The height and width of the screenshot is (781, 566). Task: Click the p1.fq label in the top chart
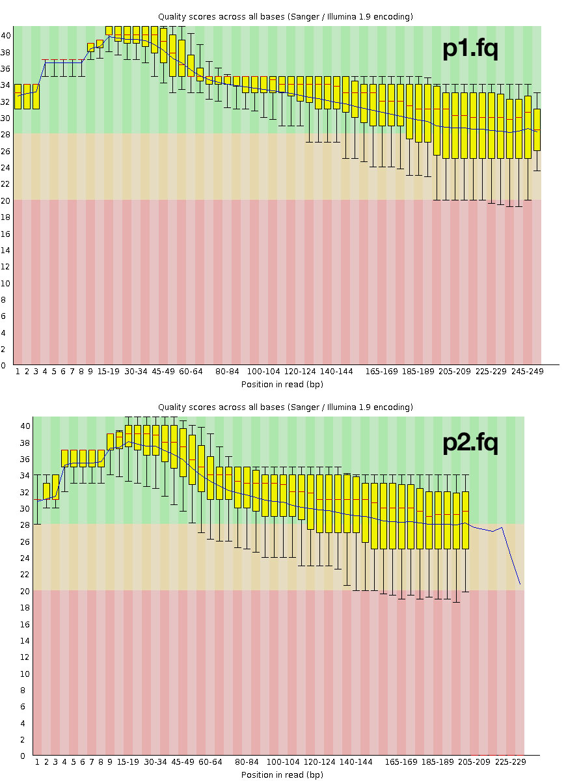coord(470,49)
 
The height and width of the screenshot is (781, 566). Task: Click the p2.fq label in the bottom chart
coord(470,443)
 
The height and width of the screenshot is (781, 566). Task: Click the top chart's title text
coord(286,16)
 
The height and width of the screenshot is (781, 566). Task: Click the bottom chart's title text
coord(286,407)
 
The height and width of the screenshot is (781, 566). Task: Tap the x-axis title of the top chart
coord(282,384)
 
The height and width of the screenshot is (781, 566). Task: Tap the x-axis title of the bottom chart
coord(282,774)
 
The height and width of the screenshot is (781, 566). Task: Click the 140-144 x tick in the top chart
coord(337,371)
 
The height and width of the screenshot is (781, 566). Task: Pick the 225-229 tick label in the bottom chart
coord(511,761)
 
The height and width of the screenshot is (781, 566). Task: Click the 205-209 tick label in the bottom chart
coord(474,761)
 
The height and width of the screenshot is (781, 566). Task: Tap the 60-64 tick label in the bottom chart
coord(210,761)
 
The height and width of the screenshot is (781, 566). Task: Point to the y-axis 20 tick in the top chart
coord(6,200)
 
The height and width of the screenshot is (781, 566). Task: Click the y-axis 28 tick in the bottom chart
coord(25,525)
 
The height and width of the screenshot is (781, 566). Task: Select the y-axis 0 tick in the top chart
coord(6,366)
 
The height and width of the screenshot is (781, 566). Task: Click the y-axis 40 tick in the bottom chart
coord(25,426)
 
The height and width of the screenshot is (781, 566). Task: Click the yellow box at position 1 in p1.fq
coord(18,96)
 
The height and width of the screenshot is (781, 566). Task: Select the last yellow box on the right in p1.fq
coord(537,130)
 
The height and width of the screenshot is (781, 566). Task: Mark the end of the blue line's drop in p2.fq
coord(520,584)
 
